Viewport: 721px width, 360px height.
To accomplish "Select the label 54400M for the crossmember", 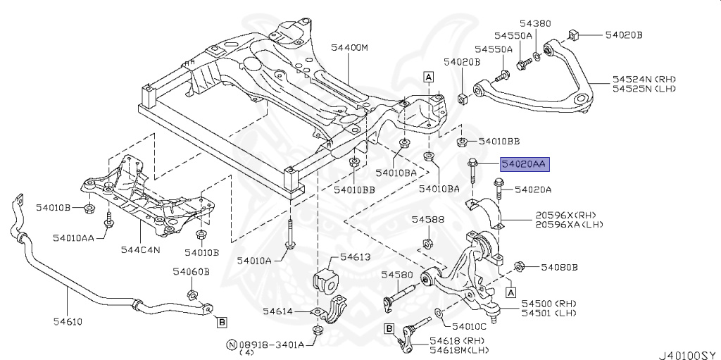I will (349, 48).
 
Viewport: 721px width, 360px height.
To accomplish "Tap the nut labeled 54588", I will (427, 245).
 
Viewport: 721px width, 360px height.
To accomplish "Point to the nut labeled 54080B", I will (520, 266).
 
